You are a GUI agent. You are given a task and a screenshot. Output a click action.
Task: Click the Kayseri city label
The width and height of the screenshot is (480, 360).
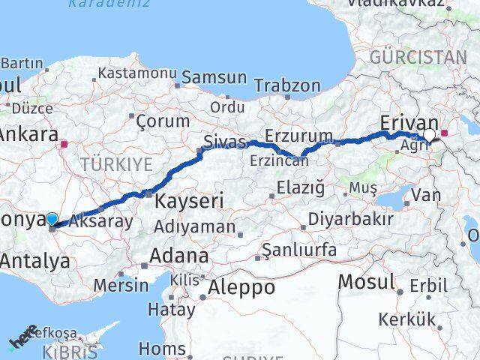[x=190, y=202]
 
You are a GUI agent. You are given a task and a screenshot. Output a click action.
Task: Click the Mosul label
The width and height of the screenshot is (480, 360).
[x=367, y=282]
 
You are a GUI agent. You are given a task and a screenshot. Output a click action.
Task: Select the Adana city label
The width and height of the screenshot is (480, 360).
[x=178, y=256]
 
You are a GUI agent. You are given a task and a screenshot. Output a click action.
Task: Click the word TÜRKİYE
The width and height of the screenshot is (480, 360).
[x=117, y=163]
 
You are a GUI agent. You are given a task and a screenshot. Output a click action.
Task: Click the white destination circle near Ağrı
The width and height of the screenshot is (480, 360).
[x=430, y=135]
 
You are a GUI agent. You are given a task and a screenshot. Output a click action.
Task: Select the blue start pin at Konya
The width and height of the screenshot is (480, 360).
[x=51, y=219]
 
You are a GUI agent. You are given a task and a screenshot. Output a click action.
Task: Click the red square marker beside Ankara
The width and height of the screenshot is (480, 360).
[x=65, y=142]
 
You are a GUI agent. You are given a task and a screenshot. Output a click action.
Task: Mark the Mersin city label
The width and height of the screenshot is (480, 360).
[x=121, y=285]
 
